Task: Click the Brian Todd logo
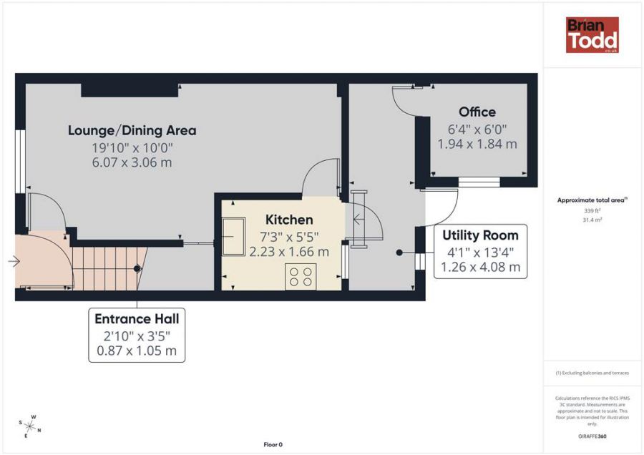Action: [592, 35]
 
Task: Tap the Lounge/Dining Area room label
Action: [132, 131]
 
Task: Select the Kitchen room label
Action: [289, 220]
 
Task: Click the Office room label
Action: [477, 112]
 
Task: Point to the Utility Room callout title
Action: [480, 235]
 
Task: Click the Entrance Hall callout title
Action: [137, 319]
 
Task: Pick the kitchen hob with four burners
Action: [301, 276]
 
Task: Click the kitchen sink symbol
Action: [233, 237]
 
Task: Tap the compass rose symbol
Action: [30, 426]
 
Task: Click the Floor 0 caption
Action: [273, 444]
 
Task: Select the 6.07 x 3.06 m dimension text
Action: [132, 162]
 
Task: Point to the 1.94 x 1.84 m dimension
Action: [477, 144]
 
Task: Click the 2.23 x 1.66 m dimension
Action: [289, 251]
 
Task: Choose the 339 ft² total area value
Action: [592, 210]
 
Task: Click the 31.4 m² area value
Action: [592, 220]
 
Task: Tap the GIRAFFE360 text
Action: [592, 436]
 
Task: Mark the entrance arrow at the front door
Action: [14, 260]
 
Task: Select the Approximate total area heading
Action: [592, 200]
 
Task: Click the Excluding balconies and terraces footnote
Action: [592, 373]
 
